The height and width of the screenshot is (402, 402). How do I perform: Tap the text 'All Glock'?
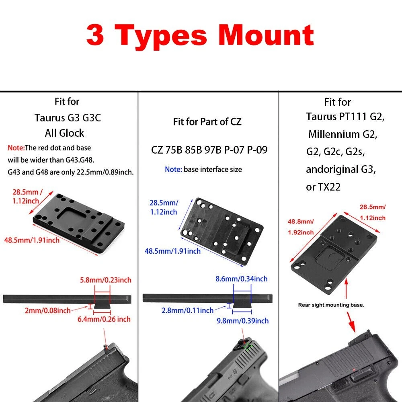[x=64, y=133]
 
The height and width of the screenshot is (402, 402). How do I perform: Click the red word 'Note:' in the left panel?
[x=16, y=148]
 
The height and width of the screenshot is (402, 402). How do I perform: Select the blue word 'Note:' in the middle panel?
[x=173, y=170]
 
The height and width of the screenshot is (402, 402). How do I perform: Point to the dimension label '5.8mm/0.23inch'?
[x=106, y=280]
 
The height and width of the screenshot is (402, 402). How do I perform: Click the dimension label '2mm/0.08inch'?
[x=48, y=311]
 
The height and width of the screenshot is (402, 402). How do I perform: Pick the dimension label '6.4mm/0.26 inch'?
[x=104, y=319]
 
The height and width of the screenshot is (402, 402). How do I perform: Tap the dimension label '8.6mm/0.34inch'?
[x=241, y=279]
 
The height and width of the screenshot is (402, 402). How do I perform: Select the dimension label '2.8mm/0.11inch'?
[x=187, y=310]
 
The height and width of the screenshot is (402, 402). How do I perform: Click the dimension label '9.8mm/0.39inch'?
[x=242, y=321]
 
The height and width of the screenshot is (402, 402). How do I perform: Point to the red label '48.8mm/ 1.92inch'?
[x=300, y=227]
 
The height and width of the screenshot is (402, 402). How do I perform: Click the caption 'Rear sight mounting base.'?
[x=331, y=305]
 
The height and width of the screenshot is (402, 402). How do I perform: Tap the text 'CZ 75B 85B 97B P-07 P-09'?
[x=209, y=150]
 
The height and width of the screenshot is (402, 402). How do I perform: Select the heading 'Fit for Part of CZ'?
[x=207, y=122]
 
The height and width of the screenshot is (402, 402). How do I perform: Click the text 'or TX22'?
[x=323, y=187]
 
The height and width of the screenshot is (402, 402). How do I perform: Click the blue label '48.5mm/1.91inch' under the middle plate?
[x=172, y=251]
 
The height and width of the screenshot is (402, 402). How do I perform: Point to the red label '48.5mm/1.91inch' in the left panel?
[x=32, y=240]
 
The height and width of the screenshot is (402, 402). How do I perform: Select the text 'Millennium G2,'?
[x=343, y=134]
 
